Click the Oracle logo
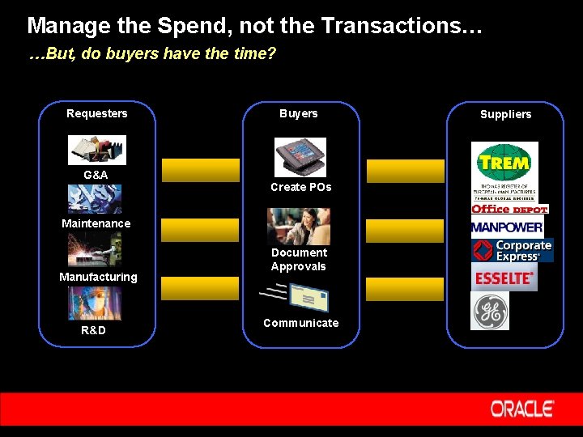coord(522,409)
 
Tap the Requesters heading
coord(97,113)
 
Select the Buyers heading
coord(299,113)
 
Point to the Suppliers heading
coord(506,114)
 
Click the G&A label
coord(96,175)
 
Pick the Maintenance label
coord(96,223)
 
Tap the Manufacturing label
coord(98,277)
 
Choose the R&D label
coord(93,330)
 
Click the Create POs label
coord(300,187)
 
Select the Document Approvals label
coord(299,260)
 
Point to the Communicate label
coord(301,323)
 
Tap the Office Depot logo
coord(509,209)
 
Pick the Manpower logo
coord(507,227)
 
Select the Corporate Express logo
coord(513,251)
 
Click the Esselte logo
coord(504,278)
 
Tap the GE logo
coord(491,312)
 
